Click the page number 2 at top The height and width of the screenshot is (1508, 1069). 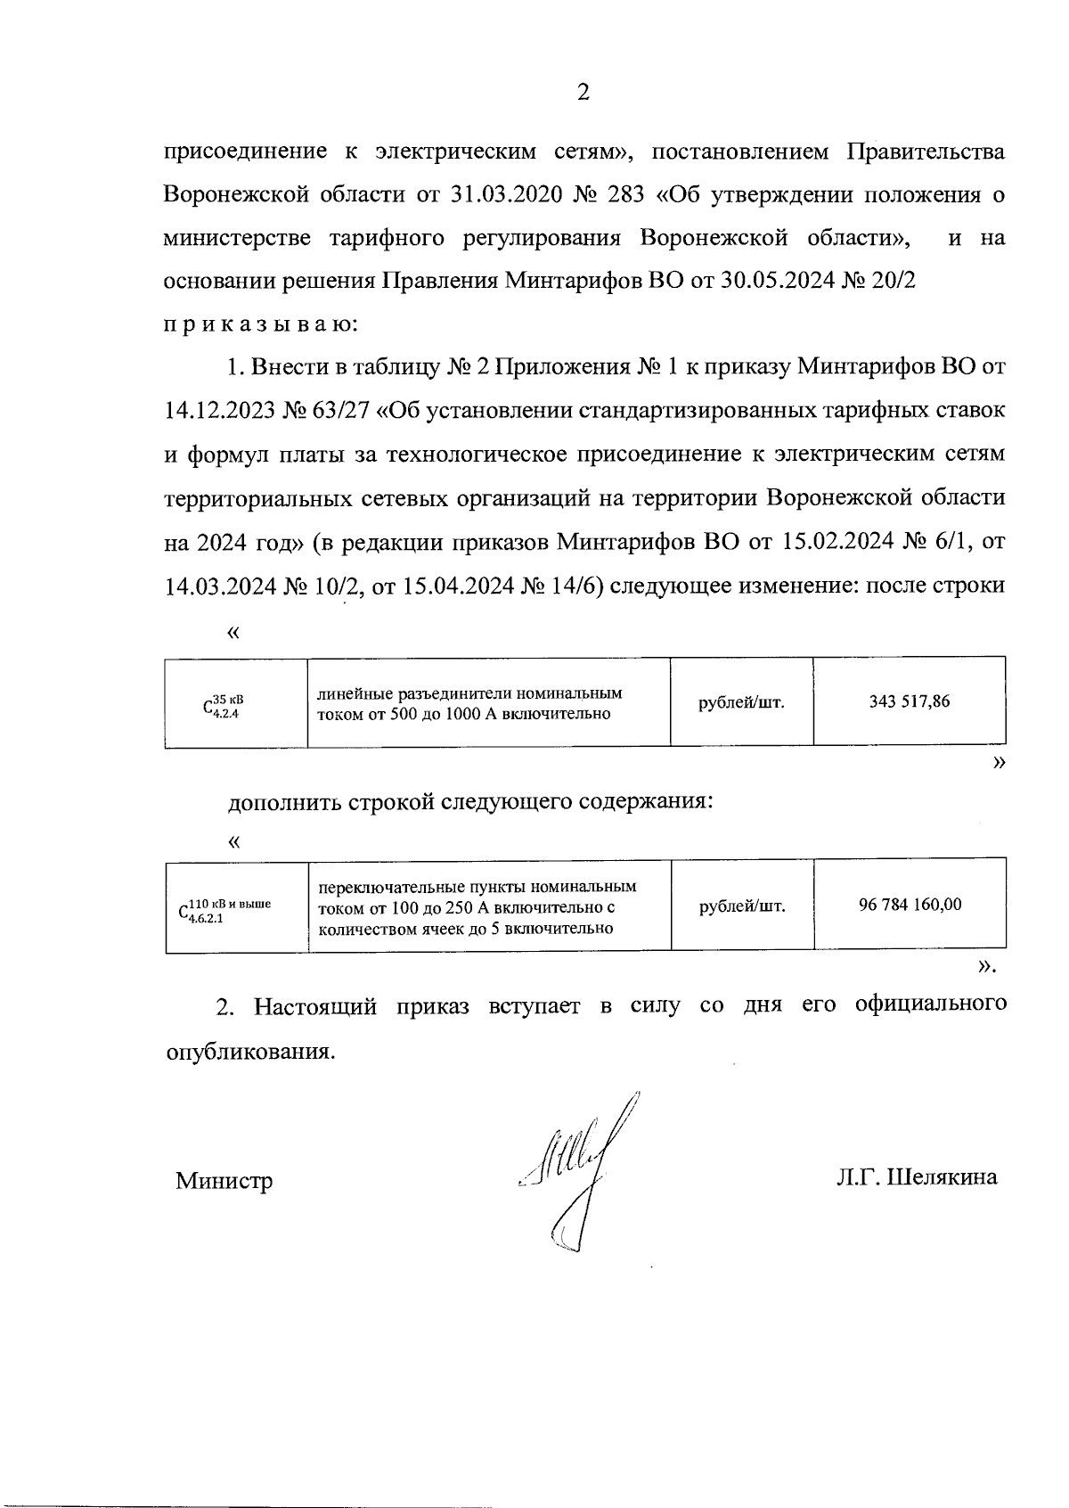(583, 93)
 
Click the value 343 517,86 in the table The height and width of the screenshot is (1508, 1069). (909, 702)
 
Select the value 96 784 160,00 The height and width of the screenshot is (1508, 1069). (910, 905)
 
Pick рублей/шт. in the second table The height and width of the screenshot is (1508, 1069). (742, 906)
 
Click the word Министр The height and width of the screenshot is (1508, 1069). (224, 1181)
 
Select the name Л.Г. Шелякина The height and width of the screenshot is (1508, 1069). (917, 1177)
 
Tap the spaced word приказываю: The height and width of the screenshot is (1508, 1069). (261, 324)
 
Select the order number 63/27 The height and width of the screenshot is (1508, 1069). (343, 411)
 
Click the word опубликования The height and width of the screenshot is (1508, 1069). (251, 1052)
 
